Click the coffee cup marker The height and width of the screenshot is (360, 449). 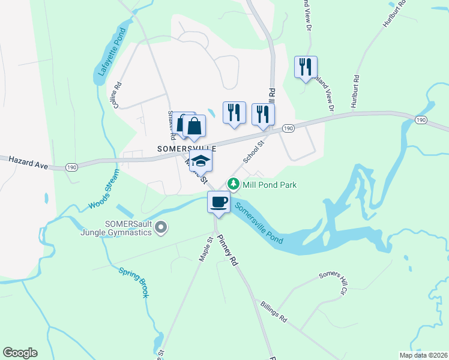218,201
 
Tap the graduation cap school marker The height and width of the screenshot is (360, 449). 201,160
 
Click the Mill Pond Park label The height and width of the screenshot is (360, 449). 270,185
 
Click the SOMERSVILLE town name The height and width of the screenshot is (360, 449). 186,148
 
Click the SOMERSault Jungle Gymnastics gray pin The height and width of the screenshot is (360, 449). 160,227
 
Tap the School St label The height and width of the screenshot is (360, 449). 254,152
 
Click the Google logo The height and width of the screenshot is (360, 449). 20,353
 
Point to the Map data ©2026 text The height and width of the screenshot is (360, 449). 423,355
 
